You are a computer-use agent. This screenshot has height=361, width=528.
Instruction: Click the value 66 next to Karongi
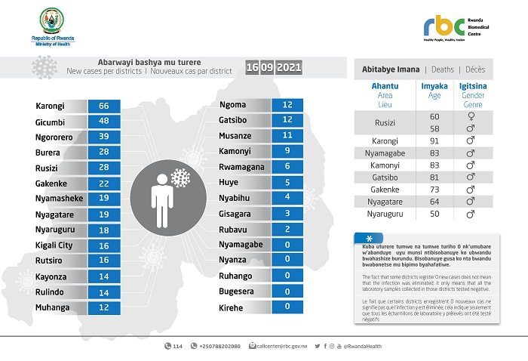[104, 106]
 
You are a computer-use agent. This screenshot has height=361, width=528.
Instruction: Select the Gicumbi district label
[50, 121]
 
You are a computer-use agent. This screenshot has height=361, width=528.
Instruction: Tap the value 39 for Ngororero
[104, 137]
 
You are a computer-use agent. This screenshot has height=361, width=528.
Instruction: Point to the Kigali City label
[54, 245]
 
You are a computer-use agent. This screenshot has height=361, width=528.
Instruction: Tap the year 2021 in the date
[289, 68]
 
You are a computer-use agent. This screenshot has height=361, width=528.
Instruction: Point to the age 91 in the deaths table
[434, 141]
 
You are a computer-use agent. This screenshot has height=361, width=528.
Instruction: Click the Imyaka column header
[434, 86]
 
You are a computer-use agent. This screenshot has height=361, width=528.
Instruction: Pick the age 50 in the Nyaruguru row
[434, 214]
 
